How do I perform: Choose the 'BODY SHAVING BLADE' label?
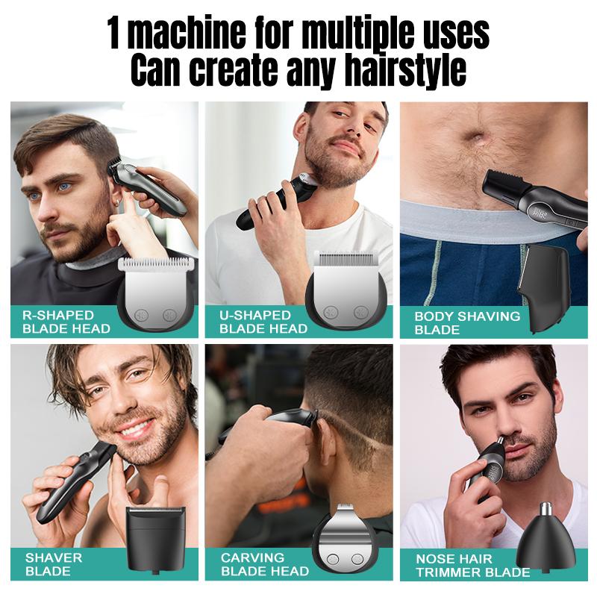click(x=467, y=322)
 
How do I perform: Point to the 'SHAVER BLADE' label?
click(x=54, y=564)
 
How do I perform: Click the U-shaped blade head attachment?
click(x=350, y=291)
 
